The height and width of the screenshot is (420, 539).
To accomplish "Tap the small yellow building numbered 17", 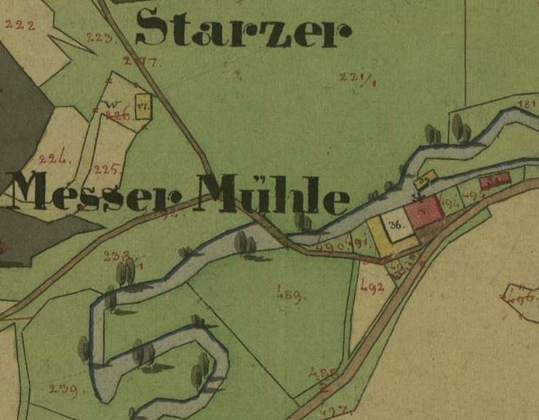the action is (142, 106).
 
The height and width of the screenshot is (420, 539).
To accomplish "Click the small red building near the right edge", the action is (494, 182).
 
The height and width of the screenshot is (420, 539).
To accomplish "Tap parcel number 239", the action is (63, 389).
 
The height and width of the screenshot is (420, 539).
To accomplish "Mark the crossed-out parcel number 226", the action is (116, 116).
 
